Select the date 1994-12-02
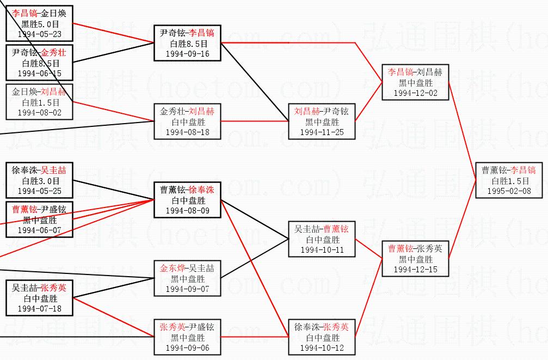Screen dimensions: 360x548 point(415,93)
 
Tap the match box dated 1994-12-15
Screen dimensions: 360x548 point(415,259)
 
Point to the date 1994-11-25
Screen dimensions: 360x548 point(321,132)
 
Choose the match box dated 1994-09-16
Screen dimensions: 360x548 point(187,43)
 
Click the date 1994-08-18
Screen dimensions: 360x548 point(187,132)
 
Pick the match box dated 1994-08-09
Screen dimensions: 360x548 point(187,200)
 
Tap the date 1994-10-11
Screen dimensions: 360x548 point(321,249)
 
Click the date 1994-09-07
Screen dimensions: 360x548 point(187,289)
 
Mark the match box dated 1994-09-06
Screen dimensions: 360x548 point(187,337)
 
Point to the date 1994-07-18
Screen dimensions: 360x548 point(40,308)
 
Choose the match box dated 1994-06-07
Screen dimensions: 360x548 point(40,219)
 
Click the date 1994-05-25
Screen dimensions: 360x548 point(40,191)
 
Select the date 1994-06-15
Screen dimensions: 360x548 point(40,73)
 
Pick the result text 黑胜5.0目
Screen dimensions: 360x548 point(40,24)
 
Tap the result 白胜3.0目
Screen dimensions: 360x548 point(40,180)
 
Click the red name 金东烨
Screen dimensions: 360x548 point(172,269)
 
